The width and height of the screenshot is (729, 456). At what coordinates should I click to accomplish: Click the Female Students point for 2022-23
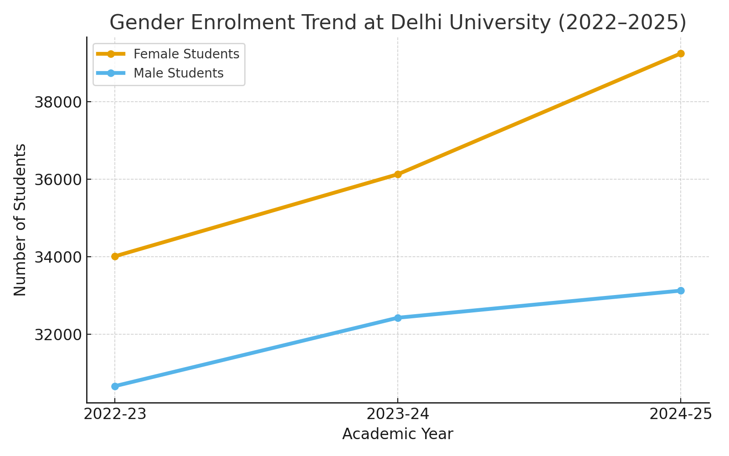[x=115, y=256]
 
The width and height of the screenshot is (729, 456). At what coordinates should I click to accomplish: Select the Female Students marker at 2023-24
[x=398, y=174]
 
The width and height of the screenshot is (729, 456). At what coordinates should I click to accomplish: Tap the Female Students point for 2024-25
[x=681, y=53]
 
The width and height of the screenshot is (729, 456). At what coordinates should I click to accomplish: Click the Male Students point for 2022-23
[x=115, y=386]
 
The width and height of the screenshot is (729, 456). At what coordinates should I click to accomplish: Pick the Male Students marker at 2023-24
[x=398, y=318]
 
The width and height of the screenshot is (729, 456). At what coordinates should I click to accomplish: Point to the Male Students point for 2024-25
[x=681, y=290]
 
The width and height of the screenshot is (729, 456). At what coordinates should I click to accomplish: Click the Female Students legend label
[x=186, y=54]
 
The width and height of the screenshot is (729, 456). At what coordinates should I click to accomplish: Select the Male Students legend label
[x=178, y=73]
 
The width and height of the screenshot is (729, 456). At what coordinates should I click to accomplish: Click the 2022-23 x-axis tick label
[x=115, y=414]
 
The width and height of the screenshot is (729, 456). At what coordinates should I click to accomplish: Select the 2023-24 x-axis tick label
[x=398, y=414]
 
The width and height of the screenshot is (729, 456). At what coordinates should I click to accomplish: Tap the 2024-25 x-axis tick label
[x=680, y=414]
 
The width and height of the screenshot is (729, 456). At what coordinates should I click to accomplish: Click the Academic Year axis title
[x=398, y=434]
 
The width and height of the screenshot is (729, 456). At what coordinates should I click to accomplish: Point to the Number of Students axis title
[x=20, y=220]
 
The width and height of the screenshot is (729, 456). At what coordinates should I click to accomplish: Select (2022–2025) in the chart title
[x=622, y=23]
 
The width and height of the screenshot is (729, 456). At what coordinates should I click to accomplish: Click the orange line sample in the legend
[x=111, y=54]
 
